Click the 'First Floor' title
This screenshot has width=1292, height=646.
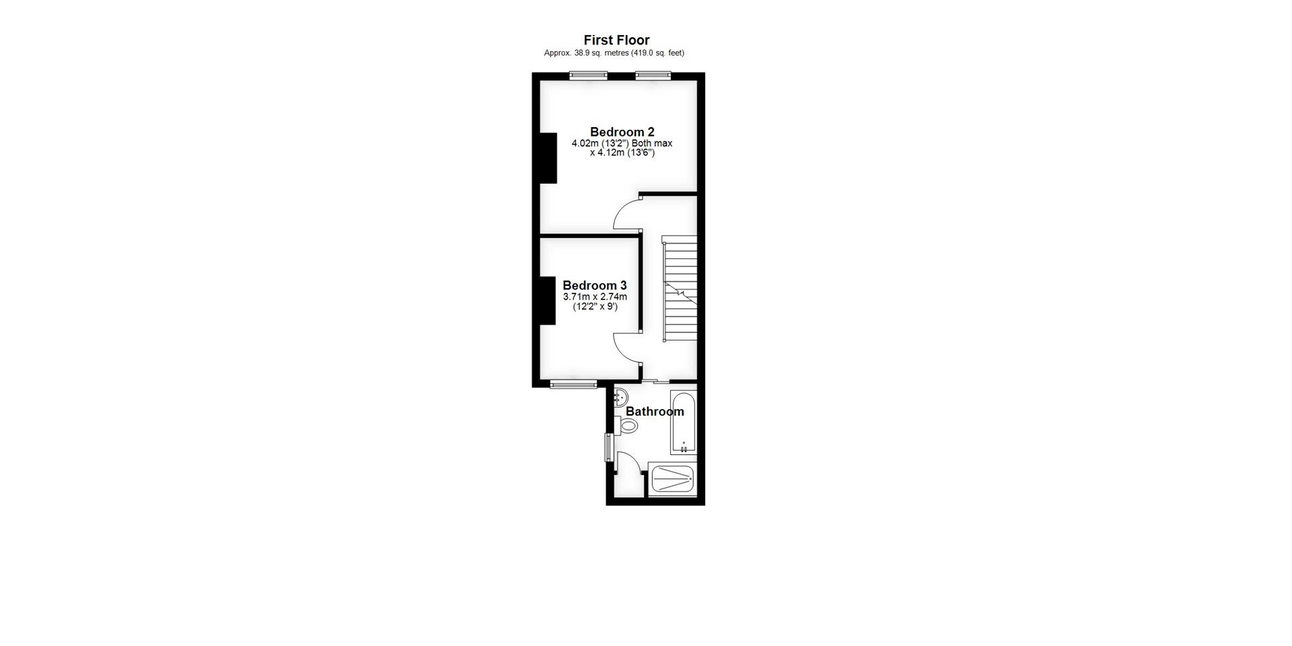pos(616,40)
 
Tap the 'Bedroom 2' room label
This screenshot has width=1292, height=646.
pos(622,132)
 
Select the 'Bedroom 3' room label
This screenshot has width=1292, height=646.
pos(595,285)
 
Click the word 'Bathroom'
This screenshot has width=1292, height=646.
pos(655,411)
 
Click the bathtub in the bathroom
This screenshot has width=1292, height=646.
pos(683,422)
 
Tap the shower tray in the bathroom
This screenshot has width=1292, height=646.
pos(672,479)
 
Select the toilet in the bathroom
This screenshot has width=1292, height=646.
pos(627,425)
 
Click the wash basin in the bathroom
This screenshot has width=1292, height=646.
pos(620,397)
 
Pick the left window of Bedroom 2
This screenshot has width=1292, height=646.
pos(588,75)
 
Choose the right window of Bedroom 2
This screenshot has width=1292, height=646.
pos(653,75)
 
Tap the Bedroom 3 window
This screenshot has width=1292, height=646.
pos(573,385)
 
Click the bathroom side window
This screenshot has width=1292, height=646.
pos(608,447)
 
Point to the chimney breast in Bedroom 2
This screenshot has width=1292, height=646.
pos(548,158)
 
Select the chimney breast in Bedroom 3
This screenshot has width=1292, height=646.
pos(547,300)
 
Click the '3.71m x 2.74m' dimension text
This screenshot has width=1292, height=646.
pos(595,297)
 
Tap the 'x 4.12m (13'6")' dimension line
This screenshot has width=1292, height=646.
pos(622,153)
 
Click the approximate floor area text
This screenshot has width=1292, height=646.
pos(614,53)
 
